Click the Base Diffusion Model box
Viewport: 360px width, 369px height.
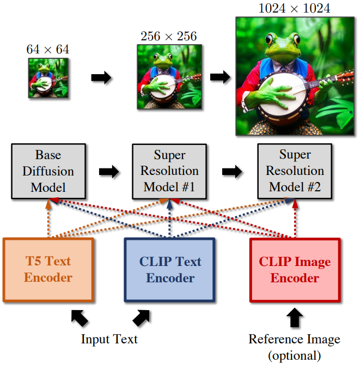[x=48, y=171]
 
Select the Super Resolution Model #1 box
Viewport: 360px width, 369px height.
[x=169, y=171]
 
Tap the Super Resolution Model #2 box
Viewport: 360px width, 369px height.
[x=295, y=171]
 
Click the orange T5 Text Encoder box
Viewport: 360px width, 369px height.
[x=48, y=270]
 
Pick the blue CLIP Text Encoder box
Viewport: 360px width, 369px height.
[x=169, y=270]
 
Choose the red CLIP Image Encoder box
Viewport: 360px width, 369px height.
[x=295, y=270]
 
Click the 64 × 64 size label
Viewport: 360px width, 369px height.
[x=48, y=50]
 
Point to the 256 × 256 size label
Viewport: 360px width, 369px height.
[x=169, y=36]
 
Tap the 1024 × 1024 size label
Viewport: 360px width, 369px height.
[x=294, y=9]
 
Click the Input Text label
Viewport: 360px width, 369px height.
[x=109, y=339]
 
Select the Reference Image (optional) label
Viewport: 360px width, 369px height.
[x=295, y=347]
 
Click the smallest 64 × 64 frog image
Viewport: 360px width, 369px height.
[x=48, y=78]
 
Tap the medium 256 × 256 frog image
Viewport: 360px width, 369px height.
[x=169, y=77]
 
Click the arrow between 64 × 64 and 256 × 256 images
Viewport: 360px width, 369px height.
[x=101, y=77]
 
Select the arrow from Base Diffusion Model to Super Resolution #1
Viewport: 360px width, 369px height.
[x=109, y=172]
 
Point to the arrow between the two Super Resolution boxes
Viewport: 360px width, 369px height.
[x=232, y=172]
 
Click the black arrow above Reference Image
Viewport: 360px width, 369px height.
[x=295, y=317]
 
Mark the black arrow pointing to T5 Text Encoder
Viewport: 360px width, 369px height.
[x=80, y=318]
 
